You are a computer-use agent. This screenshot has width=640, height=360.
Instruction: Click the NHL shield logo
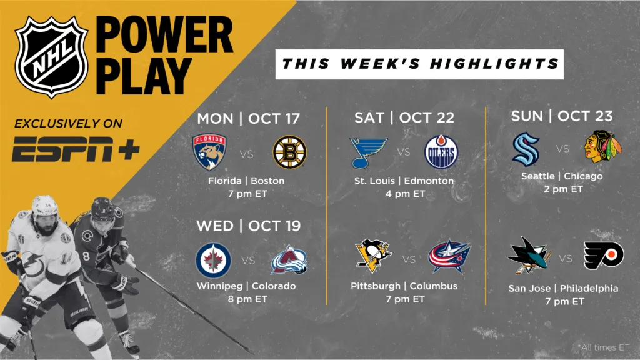tap(51, 57)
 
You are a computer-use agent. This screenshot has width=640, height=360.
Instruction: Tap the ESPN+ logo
tap(76, 149)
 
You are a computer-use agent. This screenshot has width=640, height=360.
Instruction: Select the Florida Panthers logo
tap(209, 152)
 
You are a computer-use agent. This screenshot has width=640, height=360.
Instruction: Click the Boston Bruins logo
tap(289, 152)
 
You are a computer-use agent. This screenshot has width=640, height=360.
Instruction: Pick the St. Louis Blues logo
tap(368, 152)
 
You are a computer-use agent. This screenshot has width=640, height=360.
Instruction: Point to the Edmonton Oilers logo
tap(441, 152)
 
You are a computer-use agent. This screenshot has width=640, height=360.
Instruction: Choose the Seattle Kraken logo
tap(526, 149)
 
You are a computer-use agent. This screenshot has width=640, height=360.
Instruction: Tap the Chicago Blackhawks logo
tap(602, 146)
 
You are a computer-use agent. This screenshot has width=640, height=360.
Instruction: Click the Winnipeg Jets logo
tap(214, 261)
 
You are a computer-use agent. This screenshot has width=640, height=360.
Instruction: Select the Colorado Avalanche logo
tap(289, 259)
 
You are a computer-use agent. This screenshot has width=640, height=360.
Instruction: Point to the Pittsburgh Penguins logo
tap(373, 256)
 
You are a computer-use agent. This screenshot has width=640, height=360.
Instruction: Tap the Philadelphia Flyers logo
tap(604, 256)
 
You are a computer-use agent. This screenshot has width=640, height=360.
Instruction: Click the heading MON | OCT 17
tap(249, 119)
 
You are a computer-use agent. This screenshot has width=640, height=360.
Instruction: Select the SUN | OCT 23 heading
tap(562, 116)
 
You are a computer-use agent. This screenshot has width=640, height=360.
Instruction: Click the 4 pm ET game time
tap(405, 194)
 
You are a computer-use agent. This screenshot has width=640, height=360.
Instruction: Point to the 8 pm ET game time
tap(247, 299)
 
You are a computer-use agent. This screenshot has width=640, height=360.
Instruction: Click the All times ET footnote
tap(604, 347)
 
